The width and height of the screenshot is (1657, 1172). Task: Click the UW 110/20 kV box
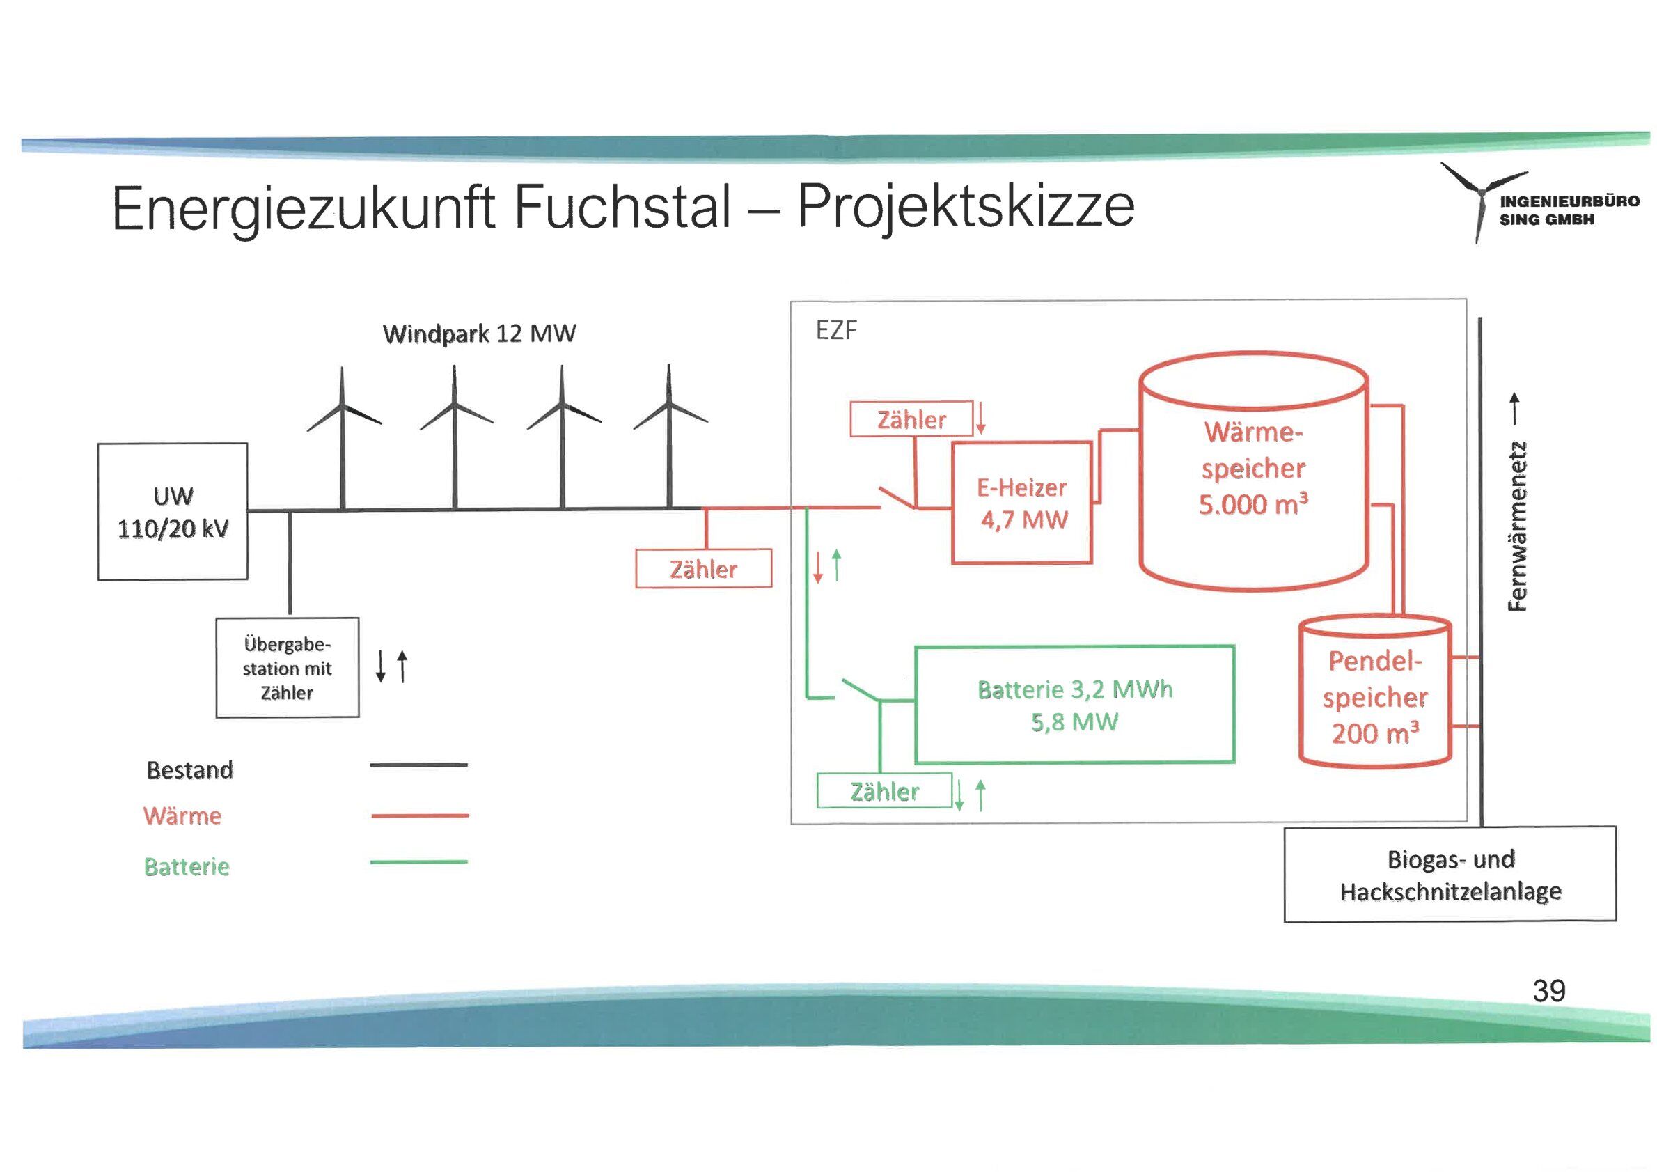click(x=173, y=511)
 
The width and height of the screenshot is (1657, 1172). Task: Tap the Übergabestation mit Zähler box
click(x=288, y=668)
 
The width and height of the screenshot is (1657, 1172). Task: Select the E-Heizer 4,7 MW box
click(x=1022, y=503)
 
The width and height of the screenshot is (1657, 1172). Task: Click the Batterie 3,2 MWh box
click(x=1074, y=705)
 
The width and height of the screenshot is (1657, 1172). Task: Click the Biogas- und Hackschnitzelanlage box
click(x=1450, y=875)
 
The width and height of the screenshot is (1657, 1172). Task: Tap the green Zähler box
click(x=884, y=792)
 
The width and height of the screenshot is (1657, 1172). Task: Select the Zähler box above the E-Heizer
click(x=911, y=419)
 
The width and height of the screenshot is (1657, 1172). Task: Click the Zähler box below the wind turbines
click(x=704, y=569)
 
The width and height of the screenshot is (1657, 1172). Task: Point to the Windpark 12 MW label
click(x=479, y=334)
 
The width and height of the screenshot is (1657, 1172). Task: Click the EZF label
click(x=836, y=331)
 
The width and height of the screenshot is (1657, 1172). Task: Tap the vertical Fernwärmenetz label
click(x=1518, y=525)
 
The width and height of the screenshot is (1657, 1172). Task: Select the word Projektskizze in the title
click(x=966, y=206)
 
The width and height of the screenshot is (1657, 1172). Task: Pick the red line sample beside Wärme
click(x=419, y=815)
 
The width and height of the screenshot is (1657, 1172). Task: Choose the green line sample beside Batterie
click(x=418, y=861)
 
